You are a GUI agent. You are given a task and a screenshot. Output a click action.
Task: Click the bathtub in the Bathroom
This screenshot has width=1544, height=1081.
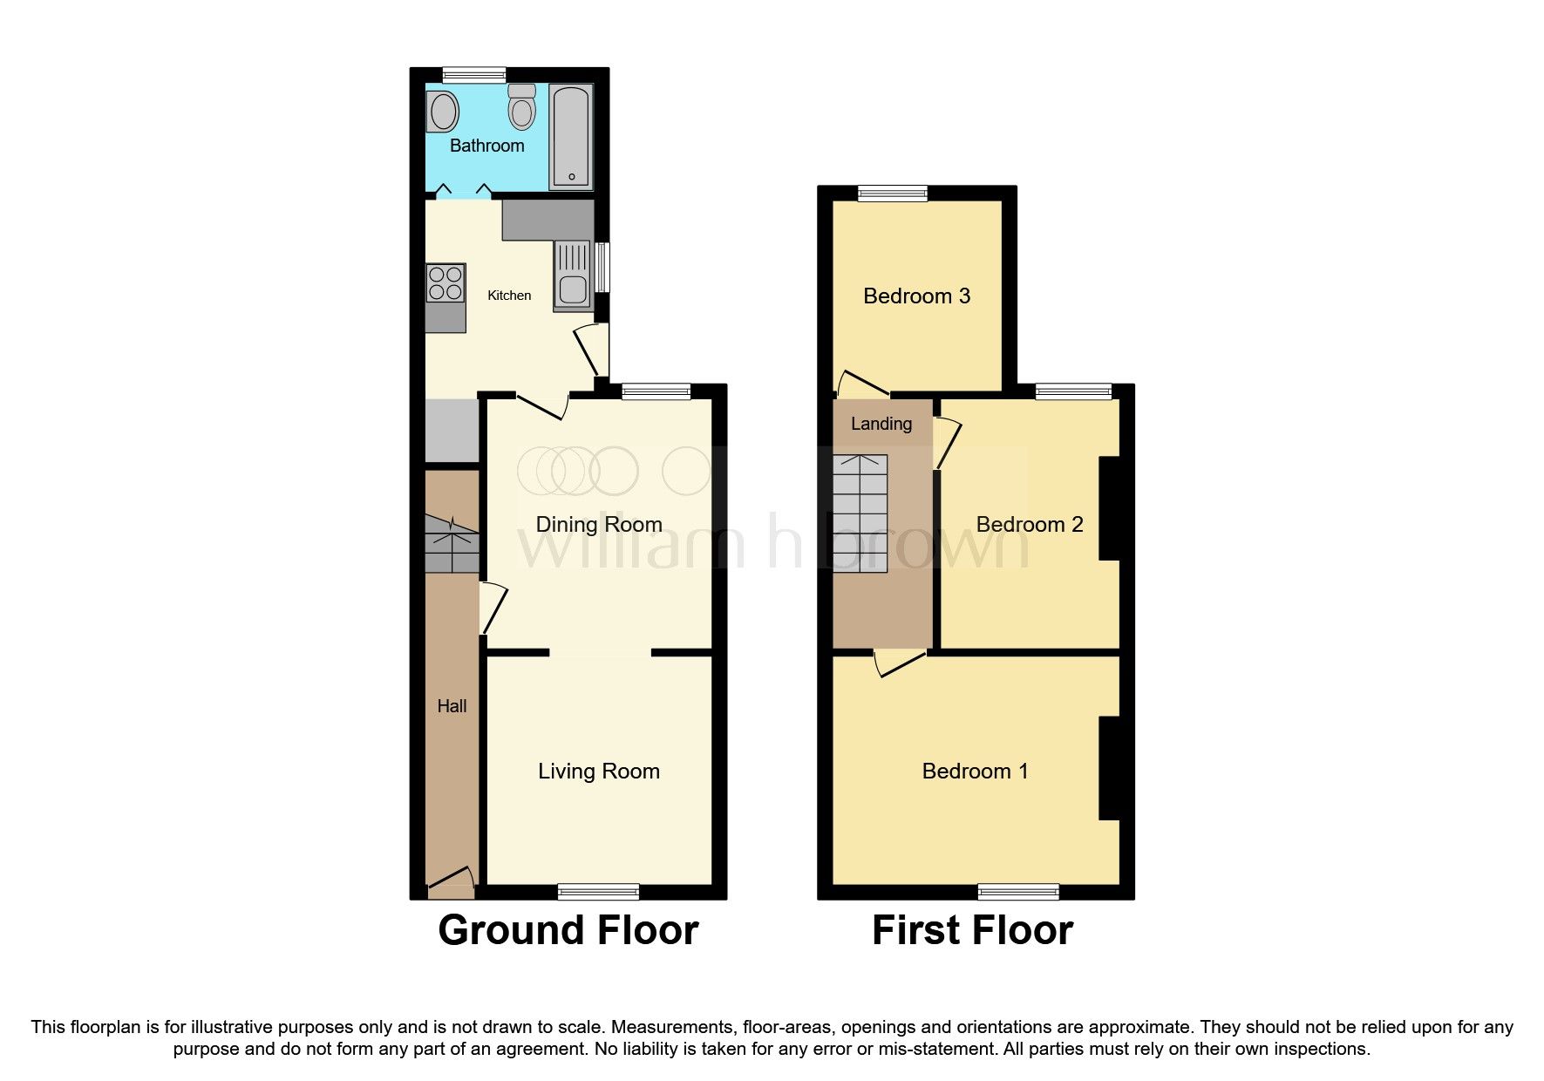(571, 137)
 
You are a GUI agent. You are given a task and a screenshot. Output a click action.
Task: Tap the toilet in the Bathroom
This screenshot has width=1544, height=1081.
(522, 108)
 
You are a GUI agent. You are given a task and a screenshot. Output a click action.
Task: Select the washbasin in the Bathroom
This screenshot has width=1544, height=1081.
(444, 112)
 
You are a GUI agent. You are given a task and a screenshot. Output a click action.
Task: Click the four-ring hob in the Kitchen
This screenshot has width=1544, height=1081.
(446, 283)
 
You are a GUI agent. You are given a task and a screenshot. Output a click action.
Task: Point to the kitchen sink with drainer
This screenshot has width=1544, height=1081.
(573, 275)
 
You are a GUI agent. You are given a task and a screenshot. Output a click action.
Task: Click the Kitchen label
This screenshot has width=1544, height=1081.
(509, 296)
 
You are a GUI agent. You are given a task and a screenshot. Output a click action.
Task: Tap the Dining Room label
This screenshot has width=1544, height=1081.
(598, 524)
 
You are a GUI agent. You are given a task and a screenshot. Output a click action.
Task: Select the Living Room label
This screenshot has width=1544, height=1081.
(598, 771)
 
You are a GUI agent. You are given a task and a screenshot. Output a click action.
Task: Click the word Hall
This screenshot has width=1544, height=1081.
(452, 706)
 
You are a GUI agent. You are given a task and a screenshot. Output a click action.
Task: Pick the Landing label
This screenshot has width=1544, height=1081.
(881, 424)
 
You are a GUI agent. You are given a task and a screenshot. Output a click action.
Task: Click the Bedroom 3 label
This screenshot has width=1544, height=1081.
(916, 296)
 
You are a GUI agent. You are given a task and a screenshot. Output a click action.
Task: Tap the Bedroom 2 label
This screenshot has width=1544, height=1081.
(1029, 524)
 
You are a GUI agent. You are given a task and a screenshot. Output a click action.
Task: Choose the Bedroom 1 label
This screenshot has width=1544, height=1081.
(975, 771)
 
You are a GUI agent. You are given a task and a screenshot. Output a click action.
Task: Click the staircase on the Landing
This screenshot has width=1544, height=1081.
(860, 513)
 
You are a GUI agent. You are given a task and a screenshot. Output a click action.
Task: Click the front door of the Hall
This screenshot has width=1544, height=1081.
(451, 881)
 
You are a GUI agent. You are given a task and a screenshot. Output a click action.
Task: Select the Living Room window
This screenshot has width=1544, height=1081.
(598, 891)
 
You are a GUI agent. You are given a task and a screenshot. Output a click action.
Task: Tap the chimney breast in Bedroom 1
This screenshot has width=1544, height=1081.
(1108, 768)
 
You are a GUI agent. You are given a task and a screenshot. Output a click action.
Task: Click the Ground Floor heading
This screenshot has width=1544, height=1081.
(568, 930)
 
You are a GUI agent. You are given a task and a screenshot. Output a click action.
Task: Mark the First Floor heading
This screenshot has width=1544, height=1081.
(972, 930)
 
